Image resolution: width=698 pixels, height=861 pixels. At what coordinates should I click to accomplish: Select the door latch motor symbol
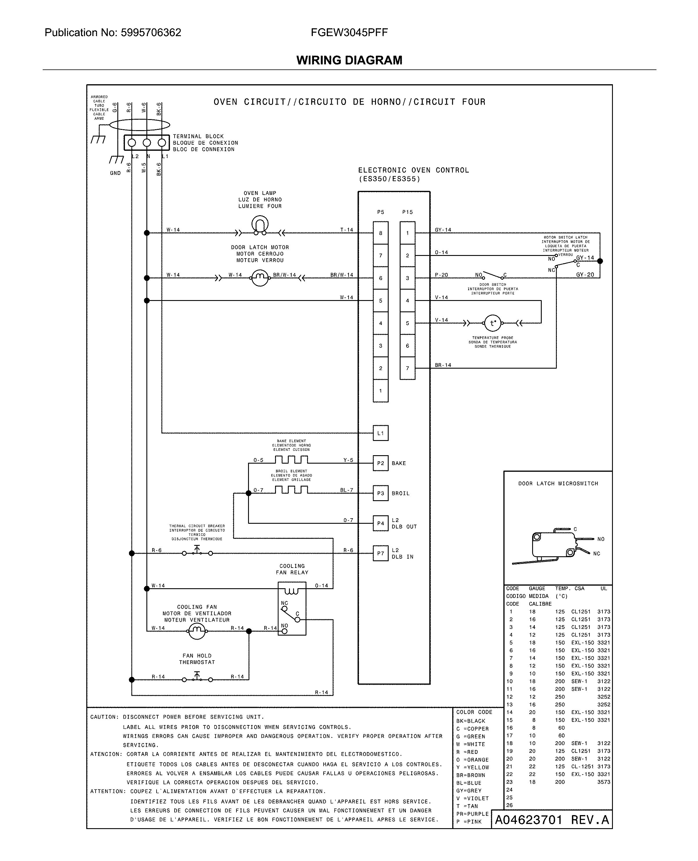pyautogui.click(x=260, y=277)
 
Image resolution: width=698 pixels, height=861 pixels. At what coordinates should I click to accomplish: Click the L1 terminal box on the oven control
pyautogui.click(x=380, y=433)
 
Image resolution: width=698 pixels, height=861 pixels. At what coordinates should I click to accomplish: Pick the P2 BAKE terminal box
pyautogui.click(x=380, y=463)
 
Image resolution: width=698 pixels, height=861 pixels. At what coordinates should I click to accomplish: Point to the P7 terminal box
pyautogui.click(x=380, y=553)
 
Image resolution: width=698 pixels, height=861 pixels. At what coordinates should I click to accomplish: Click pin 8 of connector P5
pyautogui.click(x=380, y=233)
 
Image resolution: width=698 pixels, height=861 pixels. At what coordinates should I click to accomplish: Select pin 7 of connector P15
pyautogui.click(x=407, y=368)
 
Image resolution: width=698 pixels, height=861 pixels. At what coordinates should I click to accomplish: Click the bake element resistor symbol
pyautogui.click(x=292, y=460)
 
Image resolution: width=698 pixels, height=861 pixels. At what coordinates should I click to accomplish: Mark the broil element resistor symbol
pyautogui.click(x=292, y=489)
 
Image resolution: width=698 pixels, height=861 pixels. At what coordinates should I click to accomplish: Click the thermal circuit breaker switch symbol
pyautogui.click(x=197, y=552)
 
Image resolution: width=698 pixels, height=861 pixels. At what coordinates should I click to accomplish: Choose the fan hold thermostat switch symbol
pyautogui.click(x=197, y=678)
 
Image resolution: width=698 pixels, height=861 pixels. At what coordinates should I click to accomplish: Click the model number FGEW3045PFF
pyautogui.click(x=349, y=33)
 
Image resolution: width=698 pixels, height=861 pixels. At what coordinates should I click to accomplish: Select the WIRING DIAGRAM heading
pyautogui.click(x=349, y=60)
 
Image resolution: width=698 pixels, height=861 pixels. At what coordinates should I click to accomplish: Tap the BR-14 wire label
pyautogui.click(x=443, y=365)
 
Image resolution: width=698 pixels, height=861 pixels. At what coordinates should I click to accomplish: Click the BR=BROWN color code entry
pyautogui.click(x=471, y=775)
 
